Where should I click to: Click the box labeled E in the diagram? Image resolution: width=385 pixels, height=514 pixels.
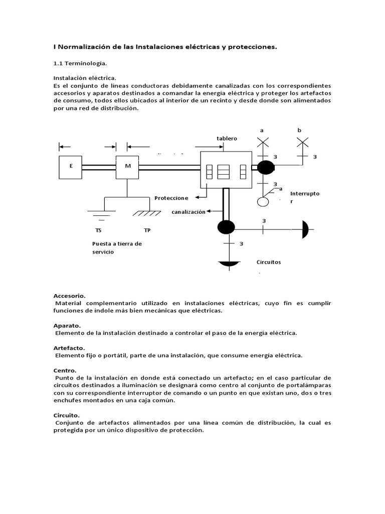click(71, 167)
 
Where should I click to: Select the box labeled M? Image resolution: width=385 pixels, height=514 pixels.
click(127, 167)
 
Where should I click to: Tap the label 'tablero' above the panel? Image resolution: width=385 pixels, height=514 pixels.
click(227, 139)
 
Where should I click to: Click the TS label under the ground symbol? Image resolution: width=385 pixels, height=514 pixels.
click(98, 230)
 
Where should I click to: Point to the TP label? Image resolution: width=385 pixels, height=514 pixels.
click(147, 230)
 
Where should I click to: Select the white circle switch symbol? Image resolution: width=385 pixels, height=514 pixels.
click(263, 202)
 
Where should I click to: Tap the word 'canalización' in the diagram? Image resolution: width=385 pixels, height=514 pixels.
click(188, 212)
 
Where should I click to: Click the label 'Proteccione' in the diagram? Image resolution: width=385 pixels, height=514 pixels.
click(171, 198)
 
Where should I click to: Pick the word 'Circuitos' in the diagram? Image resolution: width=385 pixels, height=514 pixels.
click(269, 262)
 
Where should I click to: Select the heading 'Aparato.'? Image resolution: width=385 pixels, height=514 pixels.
click(68, 325)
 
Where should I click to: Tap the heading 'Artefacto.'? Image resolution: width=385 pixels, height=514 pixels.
click(69, 347)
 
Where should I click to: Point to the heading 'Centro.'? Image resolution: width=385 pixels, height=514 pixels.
click(65, 369)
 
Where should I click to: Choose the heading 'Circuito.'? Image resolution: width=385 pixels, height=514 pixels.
click(67, 416)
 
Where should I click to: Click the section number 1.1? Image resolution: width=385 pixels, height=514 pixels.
click(60, 64)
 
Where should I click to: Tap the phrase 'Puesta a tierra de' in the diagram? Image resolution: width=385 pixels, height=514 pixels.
click(117, 244)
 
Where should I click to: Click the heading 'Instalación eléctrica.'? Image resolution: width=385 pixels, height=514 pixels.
click(85, 78)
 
